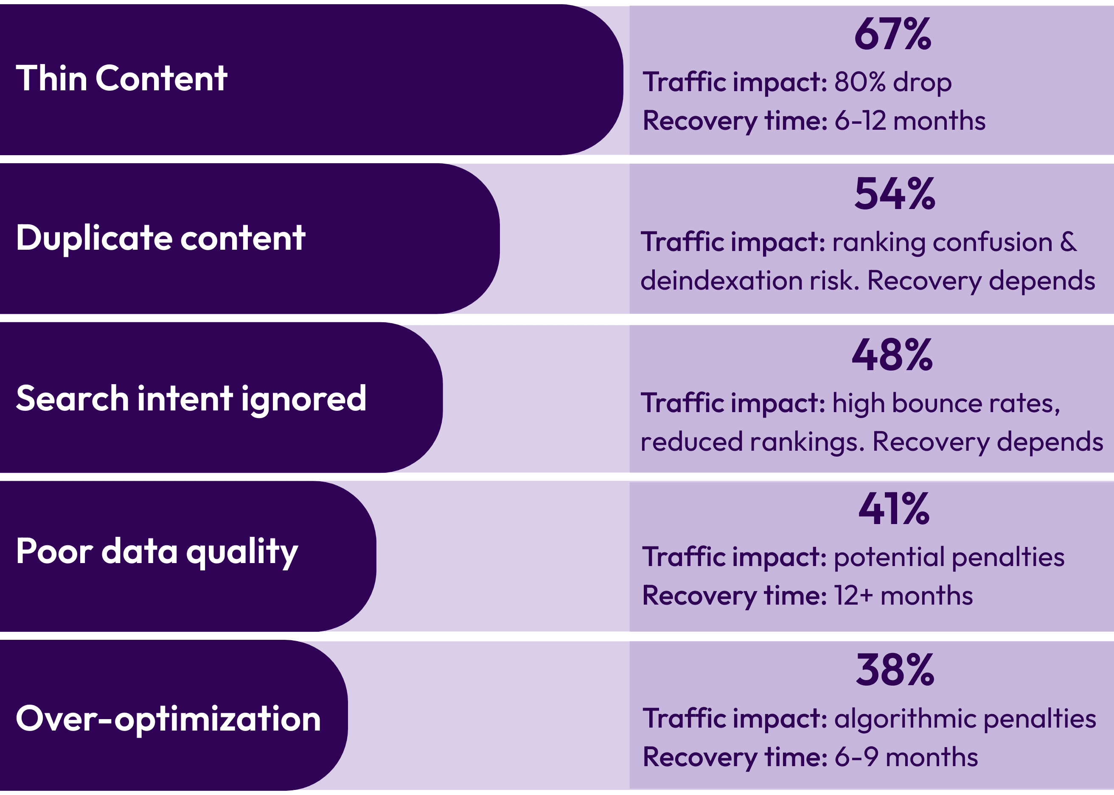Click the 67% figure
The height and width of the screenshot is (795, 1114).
click(892, 34)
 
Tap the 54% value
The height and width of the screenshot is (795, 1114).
click(895, 194)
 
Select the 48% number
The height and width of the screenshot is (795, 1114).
click(892, 355)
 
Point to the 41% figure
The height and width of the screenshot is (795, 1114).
click(894, 509)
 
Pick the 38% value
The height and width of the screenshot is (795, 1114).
click(895, 670)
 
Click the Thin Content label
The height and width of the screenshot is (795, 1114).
click(121, 78)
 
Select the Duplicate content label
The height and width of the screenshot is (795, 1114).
click(161, 238)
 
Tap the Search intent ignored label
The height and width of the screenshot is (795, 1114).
click(191, 398)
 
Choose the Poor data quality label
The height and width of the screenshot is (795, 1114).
click(157, 552)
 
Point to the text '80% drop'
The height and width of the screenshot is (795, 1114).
click(893, 82)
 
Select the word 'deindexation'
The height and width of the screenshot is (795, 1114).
click(721, 281)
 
